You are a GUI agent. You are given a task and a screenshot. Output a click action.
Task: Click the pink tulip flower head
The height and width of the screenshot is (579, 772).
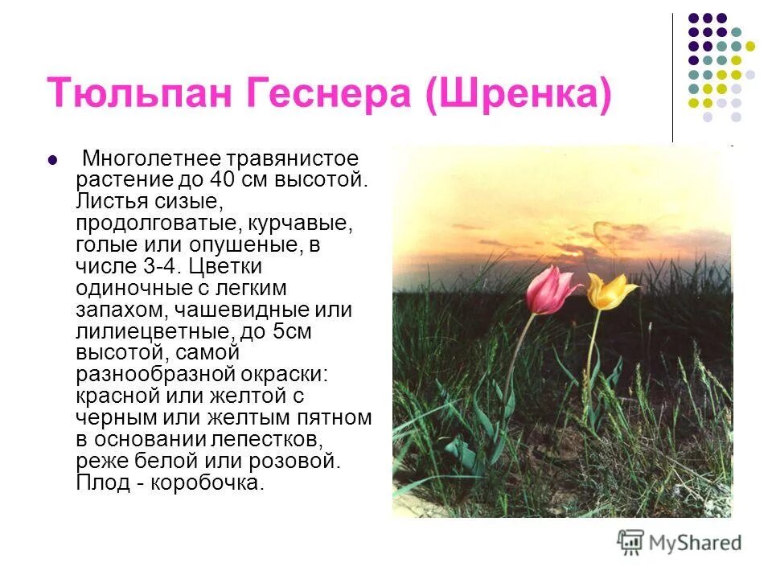550,290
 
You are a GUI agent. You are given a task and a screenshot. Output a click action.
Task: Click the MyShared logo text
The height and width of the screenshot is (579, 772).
696,543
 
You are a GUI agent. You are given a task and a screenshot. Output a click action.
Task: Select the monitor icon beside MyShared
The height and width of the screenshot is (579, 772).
631,542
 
